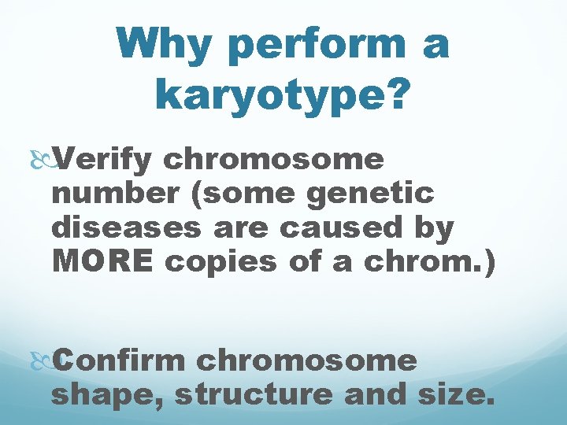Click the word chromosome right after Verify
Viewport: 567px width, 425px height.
click(x=274, y=161)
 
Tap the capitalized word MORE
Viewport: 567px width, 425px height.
click(x=102, y=262)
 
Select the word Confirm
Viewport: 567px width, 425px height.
click(x=120, y=361)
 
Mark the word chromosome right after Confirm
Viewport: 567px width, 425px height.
click(x=307, y=361)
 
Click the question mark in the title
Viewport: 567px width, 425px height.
click(x=398, y=94)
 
